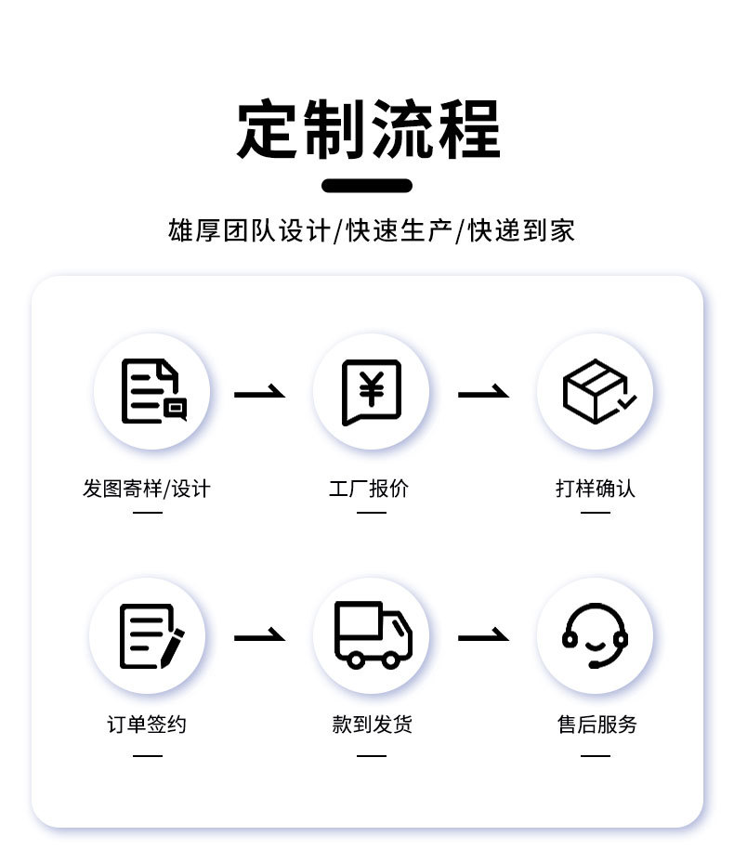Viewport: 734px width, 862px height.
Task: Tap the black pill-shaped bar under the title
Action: click(x=367, y=186)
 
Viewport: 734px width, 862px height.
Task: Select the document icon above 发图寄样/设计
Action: click(x=152, y=391)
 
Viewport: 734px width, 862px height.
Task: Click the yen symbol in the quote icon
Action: click(x=372, y=387)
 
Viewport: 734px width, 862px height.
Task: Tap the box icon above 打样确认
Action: click(x=596, y=391)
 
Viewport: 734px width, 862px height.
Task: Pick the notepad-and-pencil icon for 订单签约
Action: click(x=150, y=635)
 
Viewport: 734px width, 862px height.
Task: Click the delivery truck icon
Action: click(x=372, y=634)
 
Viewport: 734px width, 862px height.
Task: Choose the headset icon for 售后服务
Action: click(x=595, y=634)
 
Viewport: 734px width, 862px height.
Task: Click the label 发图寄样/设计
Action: click(x=147, y=489)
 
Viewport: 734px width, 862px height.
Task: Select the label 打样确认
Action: click(x=596, y=489)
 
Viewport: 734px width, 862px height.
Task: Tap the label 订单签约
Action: click(x=147, y=725)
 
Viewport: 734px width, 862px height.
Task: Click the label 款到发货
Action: click(x=372, y=725)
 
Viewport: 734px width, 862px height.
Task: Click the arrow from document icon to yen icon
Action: click(x=259, y=393)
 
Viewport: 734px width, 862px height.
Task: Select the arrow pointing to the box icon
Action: click(x=483, y=393)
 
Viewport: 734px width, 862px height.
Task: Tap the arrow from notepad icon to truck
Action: click(x=259, y=636)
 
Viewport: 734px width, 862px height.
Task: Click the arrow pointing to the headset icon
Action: click(x=483, y=636)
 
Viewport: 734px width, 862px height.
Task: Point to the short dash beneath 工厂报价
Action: click(x=371, y=512)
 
